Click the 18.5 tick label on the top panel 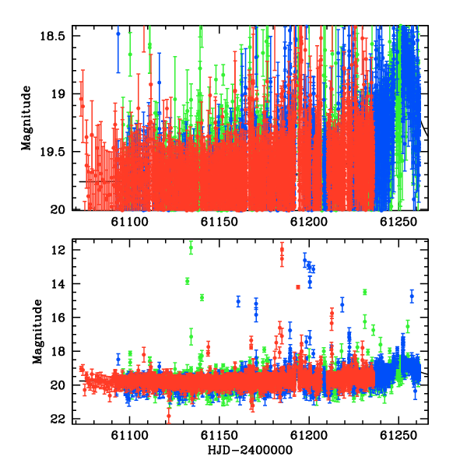coord(52,36)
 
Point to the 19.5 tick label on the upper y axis coord(52,152)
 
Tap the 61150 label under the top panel coord(219,222)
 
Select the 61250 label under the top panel coord(399,222)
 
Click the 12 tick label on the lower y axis coord(58,250)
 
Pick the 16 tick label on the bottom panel coord(58,318)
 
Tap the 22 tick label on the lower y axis coord(58,420)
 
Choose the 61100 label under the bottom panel coord(129,436)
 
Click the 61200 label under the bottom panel coord(309,436)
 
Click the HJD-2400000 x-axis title coord(250,450)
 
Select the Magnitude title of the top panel coord(26,118)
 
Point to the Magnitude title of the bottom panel coord(37,332)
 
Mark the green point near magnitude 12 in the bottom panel coord(191,248)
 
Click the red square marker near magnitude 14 coord(298,287)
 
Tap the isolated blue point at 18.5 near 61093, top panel coord(118,33)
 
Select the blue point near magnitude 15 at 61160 coord(238,301)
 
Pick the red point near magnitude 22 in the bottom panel coord(169,416)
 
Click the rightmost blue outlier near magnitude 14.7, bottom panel coord(412,297)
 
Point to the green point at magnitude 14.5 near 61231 coord(365,292)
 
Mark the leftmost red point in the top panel coord(81,99)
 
